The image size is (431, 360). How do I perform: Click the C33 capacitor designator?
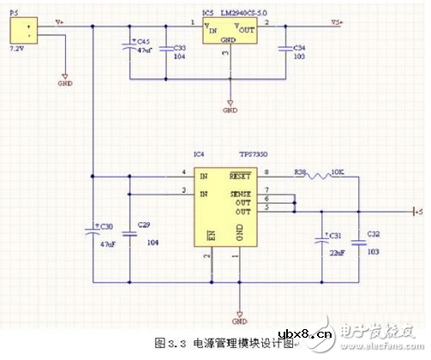click(179, 48)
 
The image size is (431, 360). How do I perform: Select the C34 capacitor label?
click(298, 48)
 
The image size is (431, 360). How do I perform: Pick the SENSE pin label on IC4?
click(239, 194)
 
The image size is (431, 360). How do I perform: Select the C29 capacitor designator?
click(143, 225)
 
